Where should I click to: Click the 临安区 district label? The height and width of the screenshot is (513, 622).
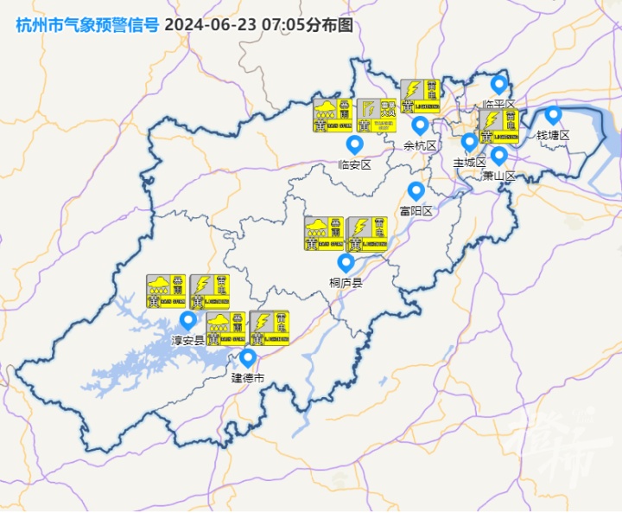(x=354, y=164)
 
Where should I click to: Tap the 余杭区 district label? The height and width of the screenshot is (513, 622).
(x=421, y=145)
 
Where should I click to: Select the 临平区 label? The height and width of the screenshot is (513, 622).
(x=498, y=105)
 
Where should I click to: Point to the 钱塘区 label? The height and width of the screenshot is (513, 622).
(x=554, y=135)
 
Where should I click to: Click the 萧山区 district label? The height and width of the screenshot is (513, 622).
(x=498, y=176)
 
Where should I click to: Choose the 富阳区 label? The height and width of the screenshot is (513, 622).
(x=416, y=210)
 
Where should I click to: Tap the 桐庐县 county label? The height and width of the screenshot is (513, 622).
(x=346, y=282)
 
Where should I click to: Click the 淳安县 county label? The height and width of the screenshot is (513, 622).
(x=187, y=341)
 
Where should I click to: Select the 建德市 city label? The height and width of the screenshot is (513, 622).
(x=248, y=378)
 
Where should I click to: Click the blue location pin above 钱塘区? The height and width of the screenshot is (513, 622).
(x=554, y=115)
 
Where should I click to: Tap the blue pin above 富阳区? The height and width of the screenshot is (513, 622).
(x=416, y=190)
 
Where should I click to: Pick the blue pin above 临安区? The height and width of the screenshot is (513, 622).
(x=354, y=144)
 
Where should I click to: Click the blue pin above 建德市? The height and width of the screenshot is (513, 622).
(x=248, y=357)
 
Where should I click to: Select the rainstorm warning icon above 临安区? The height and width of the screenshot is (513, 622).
(x=333, y=116)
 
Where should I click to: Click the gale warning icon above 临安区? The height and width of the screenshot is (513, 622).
(x=376, y=116)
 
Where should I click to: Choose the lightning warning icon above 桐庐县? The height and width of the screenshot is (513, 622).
(x=367, y=234)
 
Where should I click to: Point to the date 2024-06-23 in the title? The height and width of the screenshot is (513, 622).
(x=205, y=24)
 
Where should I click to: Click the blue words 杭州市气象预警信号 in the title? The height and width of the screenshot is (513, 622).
(x=87, y=24)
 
